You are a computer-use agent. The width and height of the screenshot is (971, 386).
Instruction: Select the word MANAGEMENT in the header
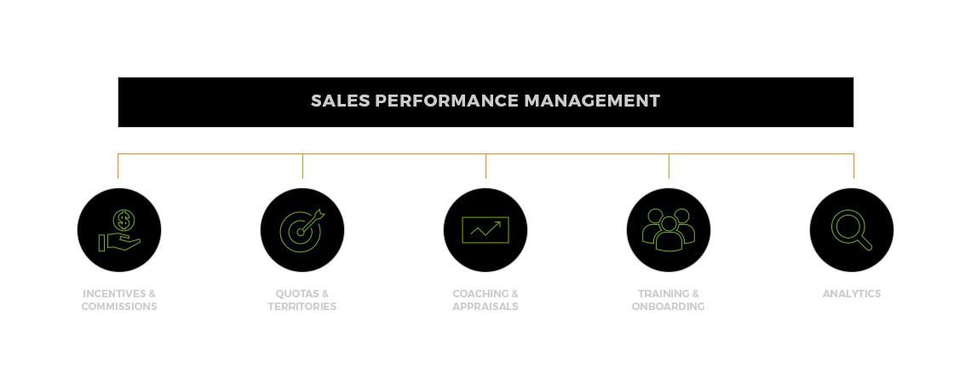click(x=592, y=101)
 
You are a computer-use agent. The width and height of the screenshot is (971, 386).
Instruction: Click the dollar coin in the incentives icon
click(x=124, y=220)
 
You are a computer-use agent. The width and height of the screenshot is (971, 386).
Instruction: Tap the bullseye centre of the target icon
click(x=301, y=233)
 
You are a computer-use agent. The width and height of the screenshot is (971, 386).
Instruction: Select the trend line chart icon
click(x=485, y=230)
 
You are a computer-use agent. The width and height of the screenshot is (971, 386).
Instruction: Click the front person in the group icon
click(x=669, y=234)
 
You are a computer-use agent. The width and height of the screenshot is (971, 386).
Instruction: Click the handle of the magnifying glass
click(x=865, y=243)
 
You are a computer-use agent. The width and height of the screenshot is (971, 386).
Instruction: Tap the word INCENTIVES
click(x=115, y=294)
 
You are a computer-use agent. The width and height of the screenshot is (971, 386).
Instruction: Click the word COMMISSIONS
click(x=119, y=307)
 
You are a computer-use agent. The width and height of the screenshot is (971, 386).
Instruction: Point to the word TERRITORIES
click(x=302, y=307)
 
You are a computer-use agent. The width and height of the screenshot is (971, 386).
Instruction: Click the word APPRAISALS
click(x=485, y=307)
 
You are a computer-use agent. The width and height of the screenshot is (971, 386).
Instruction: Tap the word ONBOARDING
click(x=668, y=307)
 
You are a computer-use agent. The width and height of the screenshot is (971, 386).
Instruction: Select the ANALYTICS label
click(x=852, y=294)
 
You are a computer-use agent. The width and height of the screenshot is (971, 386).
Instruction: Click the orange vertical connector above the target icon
click(x=303, y=166)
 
